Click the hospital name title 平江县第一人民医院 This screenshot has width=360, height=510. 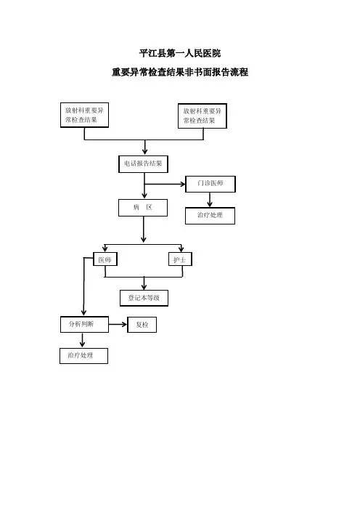(x=180, y=53)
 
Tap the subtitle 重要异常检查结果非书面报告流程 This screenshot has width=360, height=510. (x=180, y=72)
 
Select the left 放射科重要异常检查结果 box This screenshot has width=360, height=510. (x=84, y=115)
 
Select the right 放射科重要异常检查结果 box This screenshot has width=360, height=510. (x=202, y=116)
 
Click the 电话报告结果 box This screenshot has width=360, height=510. (x=143, y=164)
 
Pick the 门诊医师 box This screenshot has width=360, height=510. (x=210, y=184)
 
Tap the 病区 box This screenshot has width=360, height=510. (x=143, y=208)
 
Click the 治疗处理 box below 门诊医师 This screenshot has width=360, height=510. (x=210, y=216)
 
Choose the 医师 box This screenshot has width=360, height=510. (x=105, y=259)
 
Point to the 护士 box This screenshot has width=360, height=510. (x=180, y=259)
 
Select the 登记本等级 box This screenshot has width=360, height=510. (x=144, y=298)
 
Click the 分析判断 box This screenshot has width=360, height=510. (x=84, y=324)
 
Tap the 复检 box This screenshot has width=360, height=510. (x=142, y=325)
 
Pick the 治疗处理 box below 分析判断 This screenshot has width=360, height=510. (x=83, y=356)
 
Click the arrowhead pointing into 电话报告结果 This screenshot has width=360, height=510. (x=145, y=152)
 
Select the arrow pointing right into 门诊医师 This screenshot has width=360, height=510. (x=165, y=185)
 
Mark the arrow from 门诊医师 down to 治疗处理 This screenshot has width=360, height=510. (x=210, y=200)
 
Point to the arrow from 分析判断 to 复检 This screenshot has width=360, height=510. (x=118, y=324)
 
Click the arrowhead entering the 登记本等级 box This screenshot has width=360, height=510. (x=144, y=286)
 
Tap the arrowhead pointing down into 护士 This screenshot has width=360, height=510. (x=181, y=249)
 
